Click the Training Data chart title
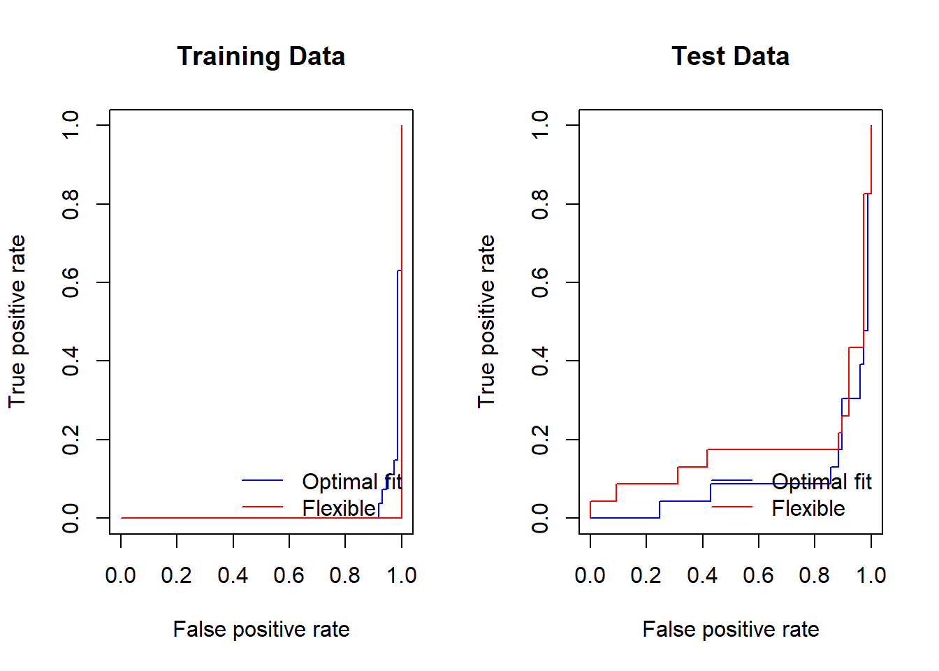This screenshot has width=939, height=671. click(261, 57)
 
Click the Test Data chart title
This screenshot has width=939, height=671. click(730, 57)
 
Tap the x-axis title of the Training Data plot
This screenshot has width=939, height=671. click(261, 630)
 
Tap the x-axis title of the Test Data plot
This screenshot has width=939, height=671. click(730, 630)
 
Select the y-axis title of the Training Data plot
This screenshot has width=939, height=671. click(17, 322)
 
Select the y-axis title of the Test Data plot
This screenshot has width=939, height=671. click(486, 322)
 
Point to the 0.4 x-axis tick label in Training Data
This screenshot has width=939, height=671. click(233, 575)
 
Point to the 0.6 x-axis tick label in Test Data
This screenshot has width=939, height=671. click(758, 575)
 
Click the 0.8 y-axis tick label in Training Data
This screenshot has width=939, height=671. click(71, 204)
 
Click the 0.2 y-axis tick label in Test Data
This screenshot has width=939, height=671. click(540, 440)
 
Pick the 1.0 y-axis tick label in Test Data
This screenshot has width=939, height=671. click(540, 125)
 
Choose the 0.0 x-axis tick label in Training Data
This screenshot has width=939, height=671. click(120, 575)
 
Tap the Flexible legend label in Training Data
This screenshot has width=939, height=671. click(339, 508)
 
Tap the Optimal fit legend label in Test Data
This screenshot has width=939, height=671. click(822, 482)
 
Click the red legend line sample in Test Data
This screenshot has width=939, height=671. click(731, 507)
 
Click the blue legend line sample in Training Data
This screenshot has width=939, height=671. click(262, 480)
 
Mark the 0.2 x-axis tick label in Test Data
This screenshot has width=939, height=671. click(646, 575)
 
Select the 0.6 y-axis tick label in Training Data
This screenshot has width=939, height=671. click(71, 282)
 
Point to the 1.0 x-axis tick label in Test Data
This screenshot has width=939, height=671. click(871, 575)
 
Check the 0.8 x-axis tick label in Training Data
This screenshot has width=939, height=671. click(345, 575)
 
